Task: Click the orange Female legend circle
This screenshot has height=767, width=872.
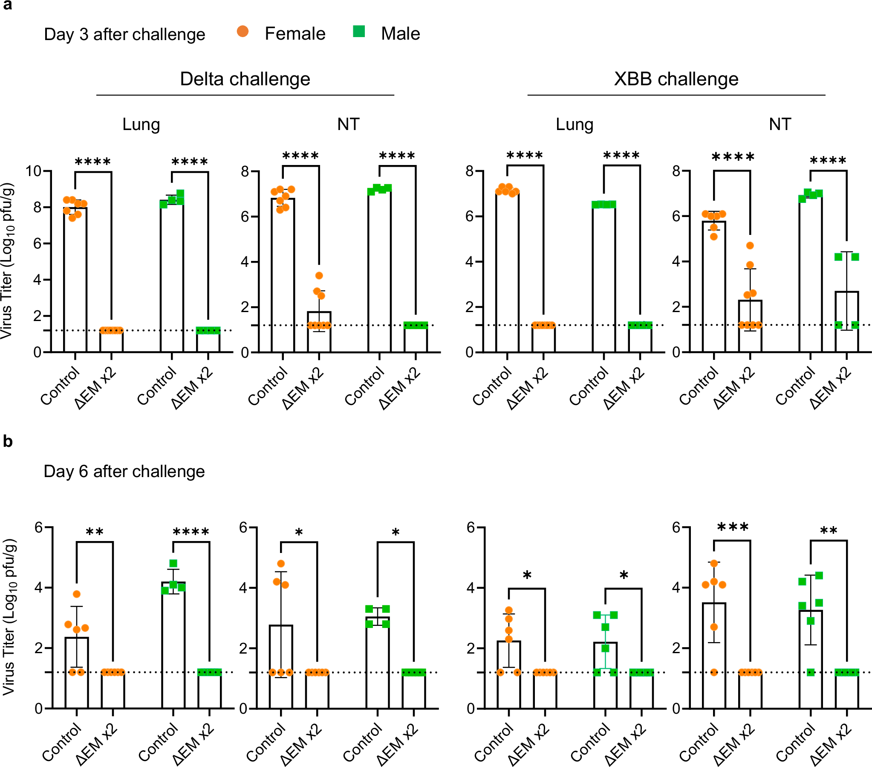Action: click(x=243, y=31)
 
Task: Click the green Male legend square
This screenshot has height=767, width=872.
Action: click(x=359, y=31)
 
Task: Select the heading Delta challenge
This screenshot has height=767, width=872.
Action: click(x=245, y=79)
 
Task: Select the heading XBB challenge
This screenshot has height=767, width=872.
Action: click(x=676, y=79)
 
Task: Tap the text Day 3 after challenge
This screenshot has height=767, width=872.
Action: click(x=124, y=35)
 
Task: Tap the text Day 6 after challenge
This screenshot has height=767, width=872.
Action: click(x=124, y=471)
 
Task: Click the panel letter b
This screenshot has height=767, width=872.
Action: click(x=8, y=441)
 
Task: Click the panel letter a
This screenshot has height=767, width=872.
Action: click(x=7, y=5)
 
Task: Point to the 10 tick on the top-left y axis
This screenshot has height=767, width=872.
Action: click(x=33, y=171)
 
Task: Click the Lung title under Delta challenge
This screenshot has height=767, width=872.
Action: click(x=141, y=124)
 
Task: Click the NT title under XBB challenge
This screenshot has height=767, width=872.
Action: click(x=780, y=124)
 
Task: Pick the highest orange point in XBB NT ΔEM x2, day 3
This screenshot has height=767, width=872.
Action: click(x=750, y=246)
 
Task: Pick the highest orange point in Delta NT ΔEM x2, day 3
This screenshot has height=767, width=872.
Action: click(x=319, y=275)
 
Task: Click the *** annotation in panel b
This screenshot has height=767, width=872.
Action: click(x=733, y=527)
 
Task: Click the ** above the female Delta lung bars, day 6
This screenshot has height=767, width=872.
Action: click(x=94, y=532)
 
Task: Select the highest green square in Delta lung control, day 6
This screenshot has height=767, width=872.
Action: click(x=173, y=563)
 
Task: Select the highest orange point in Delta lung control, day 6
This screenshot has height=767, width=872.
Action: click(x=77, y=594)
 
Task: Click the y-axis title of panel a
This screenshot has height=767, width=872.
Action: click(x=7, y=260)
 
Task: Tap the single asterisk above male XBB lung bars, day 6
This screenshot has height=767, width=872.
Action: click(x=623, y=576)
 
